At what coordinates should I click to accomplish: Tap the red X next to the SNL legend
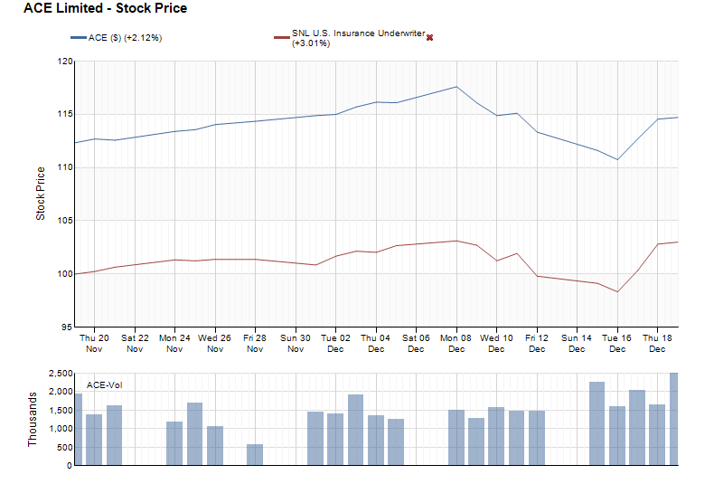(x=429, y=37)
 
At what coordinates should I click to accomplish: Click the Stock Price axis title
(x=41, y=194)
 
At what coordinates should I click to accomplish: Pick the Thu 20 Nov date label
(x=95, y=343)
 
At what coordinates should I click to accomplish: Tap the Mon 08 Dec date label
(x=456, y=343)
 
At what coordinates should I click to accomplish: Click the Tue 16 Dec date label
(x=617, y=343)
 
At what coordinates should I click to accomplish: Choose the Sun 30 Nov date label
(x=296, y=343)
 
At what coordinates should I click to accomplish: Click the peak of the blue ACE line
(x=456, y=87)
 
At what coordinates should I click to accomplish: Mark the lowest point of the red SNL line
(x=617, y=291)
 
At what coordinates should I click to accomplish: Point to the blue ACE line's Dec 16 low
(x=617, y=160)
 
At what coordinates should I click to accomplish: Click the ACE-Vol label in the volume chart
(x=104, y=385)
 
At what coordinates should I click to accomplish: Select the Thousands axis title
(x=33, y=419)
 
